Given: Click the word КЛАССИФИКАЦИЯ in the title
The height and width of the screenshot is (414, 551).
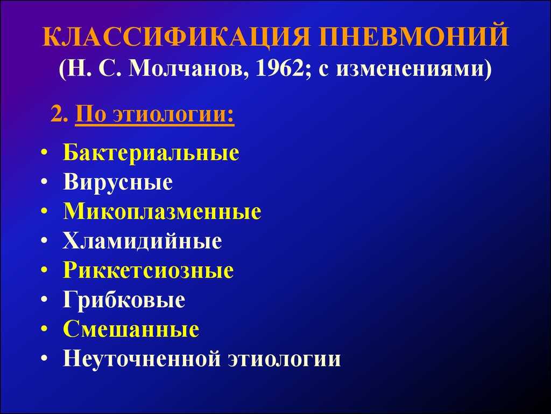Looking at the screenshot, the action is pos(176,36).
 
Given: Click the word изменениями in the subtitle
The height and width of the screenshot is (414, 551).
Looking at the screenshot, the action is pos(409,68).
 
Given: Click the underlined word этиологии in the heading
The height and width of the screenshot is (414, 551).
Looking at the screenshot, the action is pos(174,114).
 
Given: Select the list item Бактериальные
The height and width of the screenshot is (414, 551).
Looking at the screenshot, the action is pos(151,153).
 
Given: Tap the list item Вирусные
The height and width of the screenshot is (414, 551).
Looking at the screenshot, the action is pos(118,182).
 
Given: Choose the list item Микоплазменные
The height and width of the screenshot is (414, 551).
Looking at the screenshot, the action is pos(162,211).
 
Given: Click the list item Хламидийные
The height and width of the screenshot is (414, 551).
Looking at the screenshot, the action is pos(142,241).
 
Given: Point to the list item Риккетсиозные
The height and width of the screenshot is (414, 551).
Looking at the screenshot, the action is pos(149,271).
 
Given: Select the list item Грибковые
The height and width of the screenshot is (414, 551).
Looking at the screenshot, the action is pos(124,300).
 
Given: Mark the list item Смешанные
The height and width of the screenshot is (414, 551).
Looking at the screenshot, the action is pos(131,329).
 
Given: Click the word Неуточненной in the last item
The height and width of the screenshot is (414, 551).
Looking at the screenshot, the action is pos(142,358).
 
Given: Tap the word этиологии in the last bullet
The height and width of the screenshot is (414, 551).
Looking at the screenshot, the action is pos(285,359).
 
